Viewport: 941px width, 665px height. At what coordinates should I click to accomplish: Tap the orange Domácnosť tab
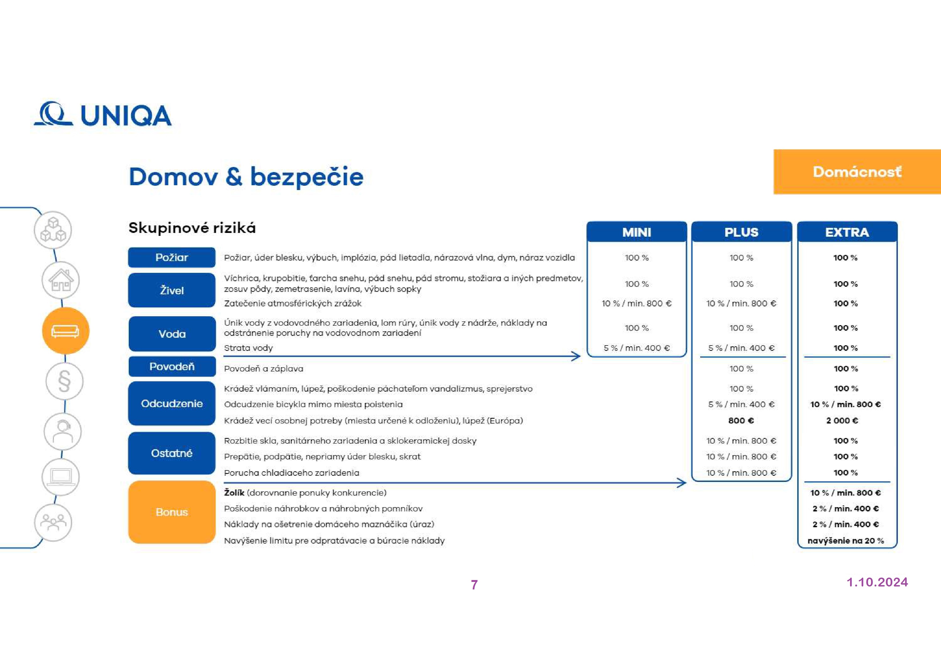857,172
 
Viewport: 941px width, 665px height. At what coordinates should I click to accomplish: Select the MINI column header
636,232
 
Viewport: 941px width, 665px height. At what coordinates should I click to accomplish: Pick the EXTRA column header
847,232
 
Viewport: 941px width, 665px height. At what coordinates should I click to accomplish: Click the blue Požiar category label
171,257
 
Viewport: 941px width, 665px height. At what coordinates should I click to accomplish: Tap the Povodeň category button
172,366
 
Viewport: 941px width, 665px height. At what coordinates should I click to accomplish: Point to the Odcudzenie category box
172,404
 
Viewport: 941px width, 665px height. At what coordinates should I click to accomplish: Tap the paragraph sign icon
64,381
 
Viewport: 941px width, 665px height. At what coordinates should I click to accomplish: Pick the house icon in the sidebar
61,280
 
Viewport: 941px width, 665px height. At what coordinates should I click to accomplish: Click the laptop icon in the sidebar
61,477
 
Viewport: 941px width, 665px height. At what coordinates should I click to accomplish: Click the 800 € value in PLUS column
741,420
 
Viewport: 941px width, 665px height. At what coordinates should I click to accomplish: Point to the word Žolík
234,492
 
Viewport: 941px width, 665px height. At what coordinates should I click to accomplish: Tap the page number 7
474,585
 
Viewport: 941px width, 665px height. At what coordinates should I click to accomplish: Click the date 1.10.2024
877,582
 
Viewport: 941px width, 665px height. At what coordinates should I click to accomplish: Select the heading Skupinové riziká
192,228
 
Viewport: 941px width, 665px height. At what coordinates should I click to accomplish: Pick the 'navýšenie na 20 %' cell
846,540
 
